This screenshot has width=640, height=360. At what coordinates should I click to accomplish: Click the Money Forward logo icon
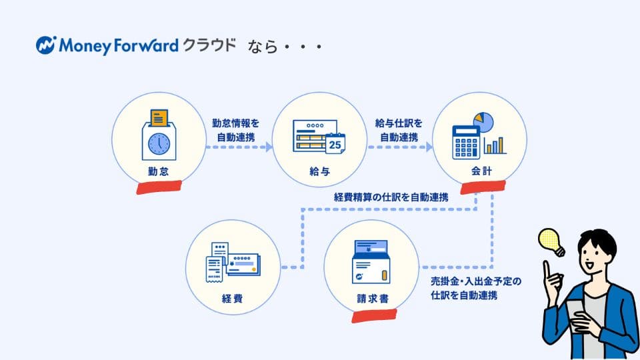pyautogui.click(x=47, y=45)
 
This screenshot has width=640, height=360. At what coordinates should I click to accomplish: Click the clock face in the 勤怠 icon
pyautogui.click(x=159, y=143)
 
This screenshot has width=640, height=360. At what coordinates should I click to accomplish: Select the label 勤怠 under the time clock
pyautogui.click(x=158, y=172)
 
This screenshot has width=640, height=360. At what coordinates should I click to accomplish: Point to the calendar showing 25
pyautogui.click(x=335, y=142)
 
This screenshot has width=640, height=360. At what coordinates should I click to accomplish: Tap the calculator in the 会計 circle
pyautogui.click(x=466, y=141)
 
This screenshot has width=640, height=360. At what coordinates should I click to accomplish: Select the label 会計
pyautogui.click(x=479, y=172)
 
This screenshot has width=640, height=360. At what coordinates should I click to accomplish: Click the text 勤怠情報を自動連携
pyautogui.click(x=237, y=129)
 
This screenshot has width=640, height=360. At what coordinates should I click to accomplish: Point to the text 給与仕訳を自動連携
pyautogui.click(x=399, y=129)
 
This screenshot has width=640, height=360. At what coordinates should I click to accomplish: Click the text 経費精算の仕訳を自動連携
pyautogui.click(x=391, y=197)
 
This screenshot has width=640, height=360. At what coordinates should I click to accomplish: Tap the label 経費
pyautogui.click(x=233, y=298)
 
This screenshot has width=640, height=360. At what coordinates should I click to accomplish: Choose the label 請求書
pyautogui.click(x=371, y=299)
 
